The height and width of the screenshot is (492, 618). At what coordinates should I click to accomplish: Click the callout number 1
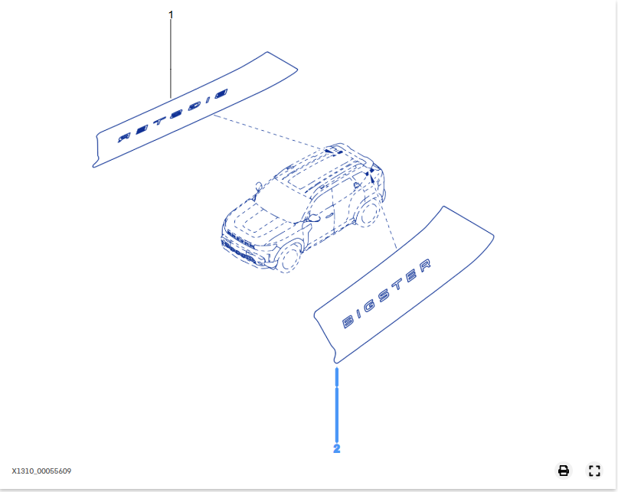click(171, 15)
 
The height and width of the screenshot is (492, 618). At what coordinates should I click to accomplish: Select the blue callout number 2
click(337, 448)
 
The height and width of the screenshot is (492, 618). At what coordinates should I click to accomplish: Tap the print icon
click(564, 471)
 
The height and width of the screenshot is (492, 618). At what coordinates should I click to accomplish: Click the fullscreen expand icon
click(594, 471)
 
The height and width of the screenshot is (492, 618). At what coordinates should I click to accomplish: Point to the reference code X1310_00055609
click(41, 471)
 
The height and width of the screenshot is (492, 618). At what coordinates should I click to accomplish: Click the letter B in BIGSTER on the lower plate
click(348, 322)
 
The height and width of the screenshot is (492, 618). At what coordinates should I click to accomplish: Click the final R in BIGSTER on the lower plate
click(424, 266)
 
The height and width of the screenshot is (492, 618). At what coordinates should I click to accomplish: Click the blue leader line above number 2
click(337, 405)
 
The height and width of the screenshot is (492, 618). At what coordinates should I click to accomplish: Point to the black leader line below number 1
click(171, 59)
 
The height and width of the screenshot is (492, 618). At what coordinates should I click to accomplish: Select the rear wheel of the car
click(368, 213)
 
